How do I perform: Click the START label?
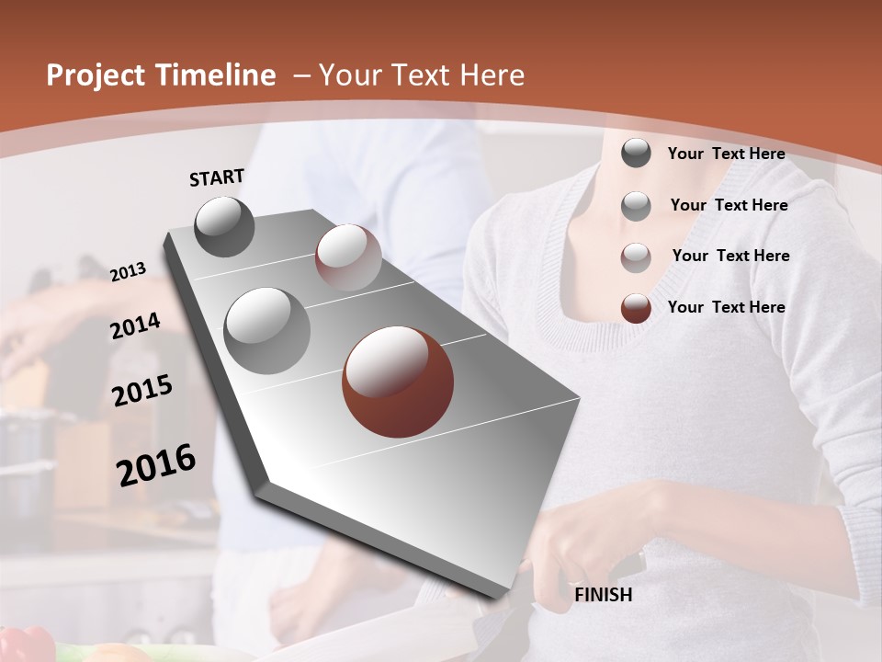(x=217, y=177)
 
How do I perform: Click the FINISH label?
(x=603, y=595)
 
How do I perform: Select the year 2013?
(x=129, y=271)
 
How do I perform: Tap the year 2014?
(x=135, y=326)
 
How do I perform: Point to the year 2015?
(x=142, y=391)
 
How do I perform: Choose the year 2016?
(x=156, y=464)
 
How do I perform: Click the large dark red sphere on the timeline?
(x=398, y=382)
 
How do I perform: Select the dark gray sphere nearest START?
(x=225, y=226)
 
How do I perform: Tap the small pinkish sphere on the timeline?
(x=348, y=257)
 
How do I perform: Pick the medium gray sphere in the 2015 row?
(x=266, y=330)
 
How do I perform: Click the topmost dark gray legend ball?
(x=636, y=154)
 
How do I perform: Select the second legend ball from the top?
(x=636, y=206)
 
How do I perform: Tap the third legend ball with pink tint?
(x=636, y=257)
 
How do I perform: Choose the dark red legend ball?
(x=636, y=308)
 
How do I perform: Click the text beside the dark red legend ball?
(x=726, y=307)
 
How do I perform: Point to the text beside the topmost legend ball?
(x=726, y=154)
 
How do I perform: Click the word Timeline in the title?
(x=210, y=75)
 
